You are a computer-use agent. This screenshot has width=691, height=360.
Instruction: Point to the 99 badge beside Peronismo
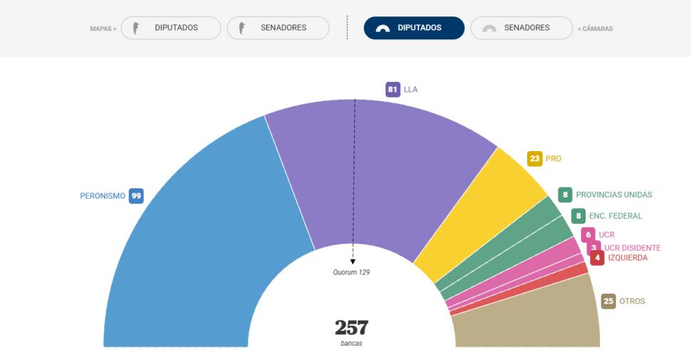136,196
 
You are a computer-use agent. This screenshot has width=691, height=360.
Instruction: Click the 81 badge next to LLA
393,90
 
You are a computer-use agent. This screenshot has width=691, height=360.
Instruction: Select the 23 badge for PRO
535,159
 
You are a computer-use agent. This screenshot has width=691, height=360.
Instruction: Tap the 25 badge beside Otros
608,302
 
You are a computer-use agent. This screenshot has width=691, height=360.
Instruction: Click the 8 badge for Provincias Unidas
566,195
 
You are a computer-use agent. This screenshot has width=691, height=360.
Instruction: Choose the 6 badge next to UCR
588,235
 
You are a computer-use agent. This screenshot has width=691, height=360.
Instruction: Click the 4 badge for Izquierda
597,258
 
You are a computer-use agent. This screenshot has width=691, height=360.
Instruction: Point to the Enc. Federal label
615,216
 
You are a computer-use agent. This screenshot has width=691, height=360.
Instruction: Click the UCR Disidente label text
632,248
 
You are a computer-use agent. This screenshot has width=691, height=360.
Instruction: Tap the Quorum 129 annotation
352,272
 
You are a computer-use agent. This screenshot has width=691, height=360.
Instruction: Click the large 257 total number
352,328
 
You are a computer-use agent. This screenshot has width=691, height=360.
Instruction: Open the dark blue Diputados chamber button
414,29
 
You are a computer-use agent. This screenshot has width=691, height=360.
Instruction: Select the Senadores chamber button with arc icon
521,29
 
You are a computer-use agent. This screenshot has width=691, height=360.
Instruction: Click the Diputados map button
171,29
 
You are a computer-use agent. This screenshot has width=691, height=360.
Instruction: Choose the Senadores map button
278,29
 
